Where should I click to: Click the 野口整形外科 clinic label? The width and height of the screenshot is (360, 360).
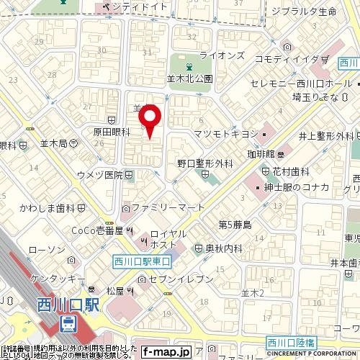(x=205, y=163)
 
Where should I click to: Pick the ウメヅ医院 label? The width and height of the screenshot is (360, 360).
(x=104, y=175)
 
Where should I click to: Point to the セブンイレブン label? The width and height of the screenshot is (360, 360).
(x=185, y=279)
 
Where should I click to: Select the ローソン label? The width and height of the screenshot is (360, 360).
(x=44, y=249)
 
